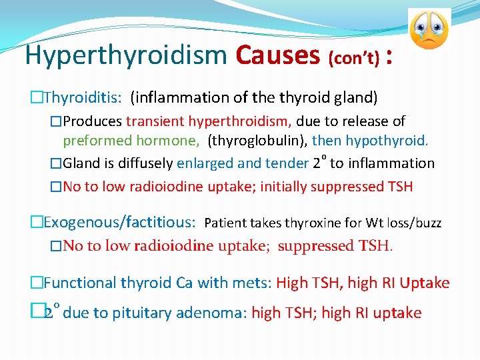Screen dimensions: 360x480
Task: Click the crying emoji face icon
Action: [x=429, y=29]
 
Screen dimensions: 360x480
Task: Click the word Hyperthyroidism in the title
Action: [x=125, y=56]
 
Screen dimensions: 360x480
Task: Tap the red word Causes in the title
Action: [x=278, y=55]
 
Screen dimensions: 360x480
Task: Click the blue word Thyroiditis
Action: [x=83, y=98]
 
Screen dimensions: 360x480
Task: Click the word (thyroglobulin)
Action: [x=257, y=141]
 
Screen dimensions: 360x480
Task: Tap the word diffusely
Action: [x=144, y=163]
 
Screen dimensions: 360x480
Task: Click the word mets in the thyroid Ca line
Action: [x=251, y=283]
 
